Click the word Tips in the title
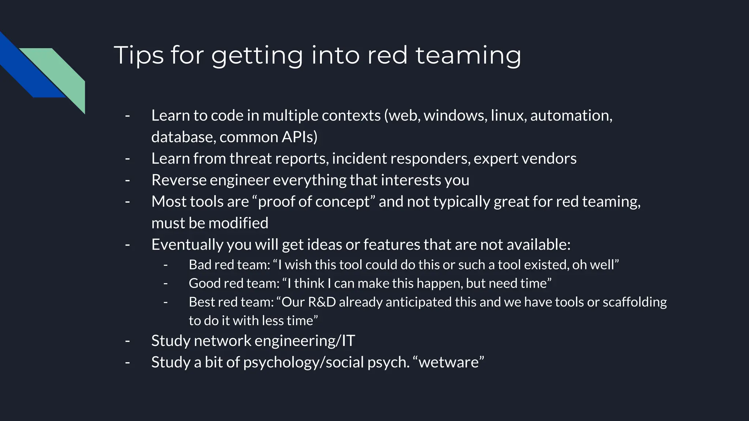[139, 55]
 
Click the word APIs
[300, 137]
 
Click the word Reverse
[178, 180]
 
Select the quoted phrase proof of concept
[314, 202]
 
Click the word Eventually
[187, 244]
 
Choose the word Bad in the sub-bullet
[200, 265]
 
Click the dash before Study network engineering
[127, 341]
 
